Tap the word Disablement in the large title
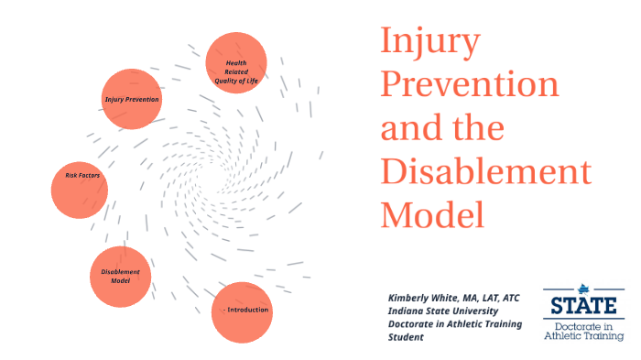coord(485,171)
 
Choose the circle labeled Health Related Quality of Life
coord(236,64)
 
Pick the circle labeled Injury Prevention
coord(131,98)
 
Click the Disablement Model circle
coord(120,276)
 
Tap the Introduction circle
coord(243,311)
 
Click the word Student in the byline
coord(407,337)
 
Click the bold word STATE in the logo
coord(584,303)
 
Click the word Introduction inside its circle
coord(247,310)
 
